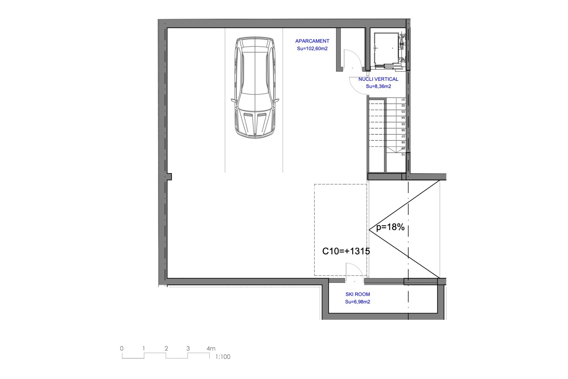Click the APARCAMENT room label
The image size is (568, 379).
click(x=312, y=41)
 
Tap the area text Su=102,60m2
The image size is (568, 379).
click(x=312, y=49)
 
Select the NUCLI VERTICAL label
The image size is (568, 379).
click(x=378, y=79)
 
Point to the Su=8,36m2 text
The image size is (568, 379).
click(x=378, y=86)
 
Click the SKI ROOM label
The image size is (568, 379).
click(x=358, y=294)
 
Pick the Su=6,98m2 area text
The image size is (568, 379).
click(x=358, y=302)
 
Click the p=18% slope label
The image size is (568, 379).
click(x=390, y=227)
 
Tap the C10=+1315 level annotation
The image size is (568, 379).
click(x=346, y=251)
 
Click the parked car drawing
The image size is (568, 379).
click(x=255, y=88)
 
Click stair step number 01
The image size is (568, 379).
click(x=403, y=100)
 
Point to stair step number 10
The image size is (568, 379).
click(x=403, y=155)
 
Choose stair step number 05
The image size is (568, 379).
click(x=403, y=124)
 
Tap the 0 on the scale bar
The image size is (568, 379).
click(x=122, y=349)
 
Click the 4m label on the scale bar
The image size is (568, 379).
click(x=211, y=349)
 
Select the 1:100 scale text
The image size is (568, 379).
click(x=223, y=357)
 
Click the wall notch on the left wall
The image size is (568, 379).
click(x=169, y=177)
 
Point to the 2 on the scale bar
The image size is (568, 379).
click(x=166, y=349)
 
